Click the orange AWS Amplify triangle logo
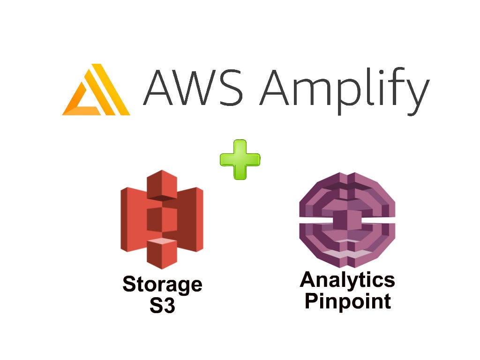[x=96, y=90]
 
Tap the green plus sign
[x=240, y=159]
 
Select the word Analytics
[x=347, y=280]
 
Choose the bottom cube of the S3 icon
[x=162, y=253]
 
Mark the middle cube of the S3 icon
[x=162, y=218]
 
